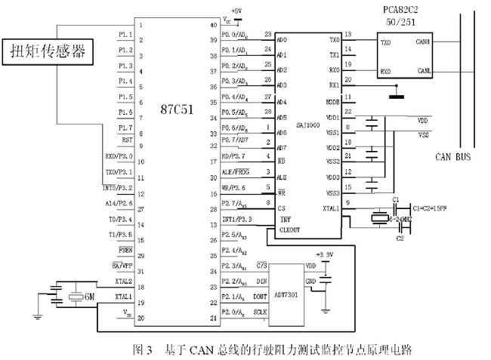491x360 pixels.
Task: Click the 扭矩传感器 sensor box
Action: pos(48,52)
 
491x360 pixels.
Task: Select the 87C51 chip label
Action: pos(177,109)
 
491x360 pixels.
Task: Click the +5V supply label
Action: pos(236,11)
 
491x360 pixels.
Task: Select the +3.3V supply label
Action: pos(324,254)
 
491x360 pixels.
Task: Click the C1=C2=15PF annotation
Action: pos(434,205)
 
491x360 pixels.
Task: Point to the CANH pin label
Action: pos(423,42)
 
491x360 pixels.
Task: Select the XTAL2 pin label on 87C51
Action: pos(123,282)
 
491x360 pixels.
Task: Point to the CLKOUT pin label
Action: pos(289,229)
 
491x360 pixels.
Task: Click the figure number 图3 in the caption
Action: pos(143,349)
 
